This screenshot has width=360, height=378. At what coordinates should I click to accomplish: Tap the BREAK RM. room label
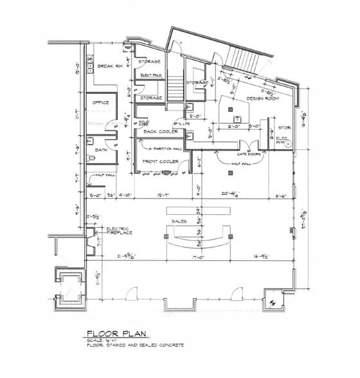click(x=110, y=66)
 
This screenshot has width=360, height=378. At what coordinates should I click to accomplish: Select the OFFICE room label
click(x=100, y=102)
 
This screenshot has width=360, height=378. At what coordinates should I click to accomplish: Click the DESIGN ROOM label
click(x=262, y=98)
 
